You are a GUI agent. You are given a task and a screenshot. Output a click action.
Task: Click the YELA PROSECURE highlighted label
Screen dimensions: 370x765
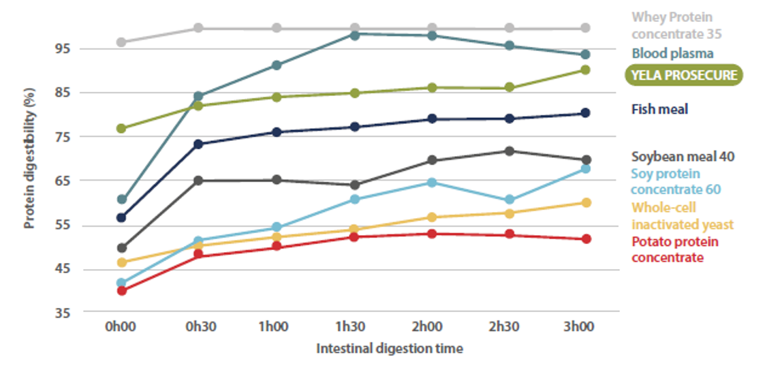point(683,75)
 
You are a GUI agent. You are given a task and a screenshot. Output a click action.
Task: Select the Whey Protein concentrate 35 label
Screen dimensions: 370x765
point(676,25)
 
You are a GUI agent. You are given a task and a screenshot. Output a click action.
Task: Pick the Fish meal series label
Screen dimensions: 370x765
point(659,109)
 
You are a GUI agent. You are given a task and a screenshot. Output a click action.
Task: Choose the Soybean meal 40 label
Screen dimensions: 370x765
point(683,157)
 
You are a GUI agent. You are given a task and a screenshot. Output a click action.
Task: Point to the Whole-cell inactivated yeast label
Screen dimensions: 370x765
point(683,215)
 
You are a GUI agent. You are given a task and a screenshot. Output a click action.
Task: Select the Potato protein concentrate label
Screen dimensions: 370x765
point(675,249)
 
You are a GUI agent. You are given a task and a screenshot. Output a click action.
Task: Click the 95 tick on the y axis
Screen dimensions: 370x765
point(63,48)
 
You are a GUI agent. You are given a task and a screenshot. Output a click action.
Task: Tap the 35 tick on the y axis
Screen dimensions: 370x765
point(63,313)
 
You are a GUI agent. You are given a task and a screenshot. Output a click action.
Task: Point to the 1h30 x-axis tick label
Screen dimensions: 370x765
point(354,327)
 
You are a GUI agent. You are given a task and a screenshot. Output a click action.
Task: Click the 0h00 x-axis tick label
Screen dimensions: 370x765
point(121,327)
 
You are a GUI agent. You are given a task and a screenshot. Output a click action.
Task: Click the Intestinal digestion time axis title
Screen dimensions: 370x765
point(390,349)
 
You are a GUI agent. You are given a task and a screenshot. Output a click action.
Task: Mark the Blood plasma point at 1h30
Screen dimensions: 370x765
point(354,34)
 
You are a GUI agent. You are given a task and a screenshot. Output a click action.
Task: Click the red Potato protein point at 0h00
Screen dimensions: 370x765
point(122,290)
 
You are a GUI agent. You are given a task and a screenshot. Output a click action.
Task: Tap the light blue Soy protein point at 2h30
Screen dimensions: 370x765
point(508,200)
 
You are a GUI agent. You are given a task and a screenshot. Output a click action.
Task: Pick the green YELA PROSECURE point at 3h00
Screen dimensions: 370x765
point(585,70)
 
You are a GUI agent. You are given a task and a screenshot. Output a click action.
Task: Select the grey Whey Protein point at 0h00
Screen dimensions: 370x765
point(122,42)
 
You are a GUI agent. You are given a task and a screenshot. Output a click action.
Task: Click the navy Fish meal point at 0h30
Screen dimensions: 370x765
point(199,144)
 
